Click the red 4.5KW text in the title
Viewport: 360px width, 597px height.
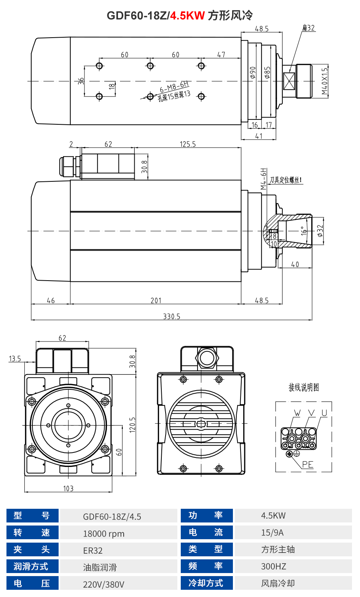pyautogui.click(x=187, y=16)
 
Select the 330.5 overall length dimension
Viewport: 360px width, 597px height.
pyautogui.click(x=172, y=316)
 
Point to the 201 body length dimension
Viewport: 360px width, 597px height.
pyautogui.click(x=156, y=300)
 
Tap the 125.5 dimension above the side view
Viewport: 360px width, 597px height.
pyautogui.click(x=188, y=144)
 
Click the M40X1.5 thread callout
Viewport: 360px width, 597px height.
pyautogui.click(x=324, y=81)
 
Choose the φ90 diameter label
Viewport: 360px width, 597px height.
pyautogui.click(x=253, y=72)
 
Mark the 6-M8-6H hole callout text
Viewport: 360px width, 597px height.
pyautogui.click(x=174, y=87)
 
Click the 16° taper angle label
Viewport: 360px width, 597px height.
pyautogui.click(x=303, y=230)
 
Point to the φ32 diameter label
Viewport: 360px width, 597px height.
pyautogui.click(x=320, y=230)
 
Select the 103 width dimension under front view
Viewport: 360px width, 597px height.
pyautogui.click(x=68, y=488)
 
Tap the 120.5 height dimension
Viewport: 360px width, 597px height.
pyautogui.click(x=132, y=424)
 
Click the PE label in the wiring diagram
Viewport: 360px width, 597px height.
pyautogui.click(x=307, y=464)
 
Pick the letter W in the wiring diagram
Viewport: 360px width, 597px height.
pyautogui.click(x=297, y=413)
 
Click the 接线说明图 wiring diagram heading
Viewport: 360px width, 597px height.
pyautogui.click(x=304, y=387)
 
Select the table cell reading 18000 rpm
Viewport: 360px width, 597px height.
pyautogui.click(x=104, y=533)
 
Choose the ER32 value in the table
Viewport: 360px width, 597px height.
pyautogui.click(x=93, y=550)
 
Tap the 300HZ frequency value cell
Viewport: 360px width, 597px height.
pyautogui.click(x=273, y=566)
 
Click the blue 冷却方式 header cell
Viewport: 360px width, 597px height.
pyautogui.click(x=206, y=583)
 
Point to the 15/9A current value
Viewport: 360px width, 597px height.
pyautogui.click(x=272, y=532)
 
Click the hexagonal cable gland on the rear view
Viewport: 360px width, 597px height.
pyautogui.click(x=207, y=358)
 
